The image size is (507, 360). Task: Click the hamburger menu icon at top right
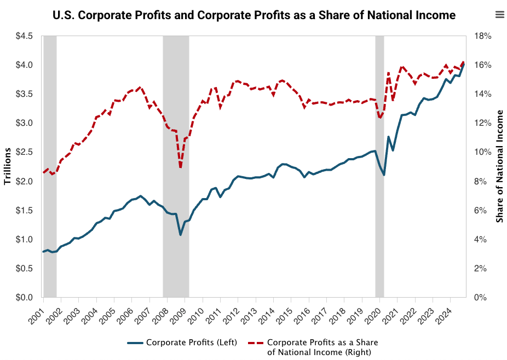(499, 15)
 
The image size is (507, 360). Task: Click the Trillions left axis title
(8, 166)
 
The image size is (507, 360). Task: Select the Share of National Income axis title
(499, 166)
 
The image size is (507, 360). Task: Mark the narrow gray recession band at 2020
(379, 164)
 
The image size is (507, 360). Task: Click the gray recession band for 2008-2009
(176, 164)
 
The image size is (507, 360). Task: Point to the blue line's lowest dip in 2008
(180, 235)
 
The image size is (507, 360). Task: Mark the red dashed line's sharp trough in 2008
(180, 167)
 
